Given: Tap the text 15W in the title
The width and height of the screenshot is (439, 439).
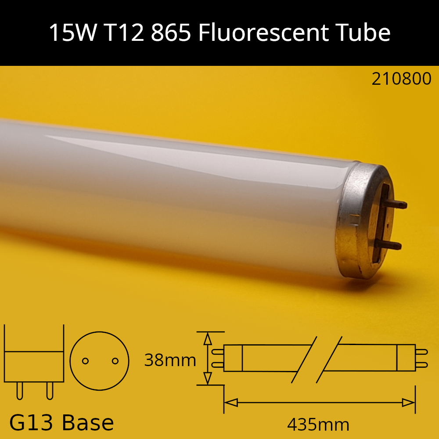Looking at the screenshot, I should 72,33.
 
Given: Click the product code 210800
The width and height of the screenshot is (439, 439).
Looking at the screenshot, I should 401,79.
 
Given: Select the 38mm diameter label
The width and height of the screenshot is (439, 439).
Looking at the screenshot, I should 170,360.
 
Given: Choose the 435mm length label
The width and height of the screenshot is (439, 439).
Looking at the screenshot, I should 318,425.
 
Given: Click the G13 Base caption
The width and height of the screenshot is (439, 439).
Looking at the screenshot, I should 61,423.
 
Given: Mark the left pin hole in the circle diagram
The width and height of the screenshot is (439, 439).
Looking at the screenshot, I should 86,361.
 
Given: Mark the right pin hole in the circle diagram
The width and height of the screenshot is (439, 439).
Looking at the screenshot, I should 115,361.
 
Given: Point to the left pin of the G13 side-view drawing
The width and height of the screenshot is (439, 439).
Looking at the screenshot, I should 19,390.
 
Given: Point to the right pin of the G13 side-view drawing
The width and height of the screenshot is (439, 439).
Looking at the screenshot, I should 49,390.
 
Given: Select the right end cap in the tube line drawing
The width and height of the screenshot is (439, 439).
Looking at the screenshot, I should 406,358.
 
